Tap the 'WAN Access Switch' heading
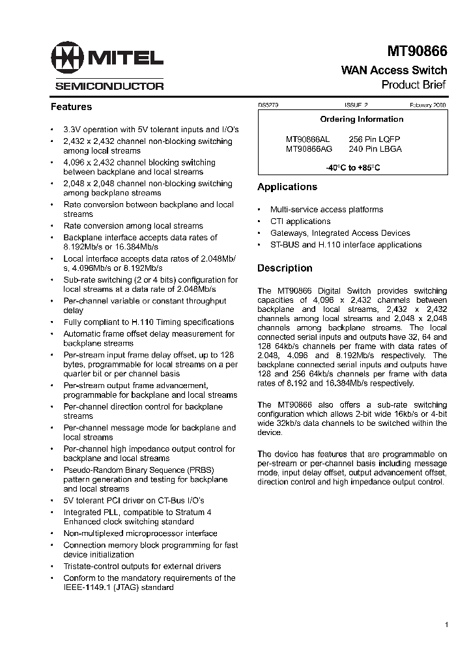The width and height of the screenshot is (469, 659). coord(394,70)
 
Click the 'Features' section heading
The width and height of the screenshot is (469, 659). coord(72,107)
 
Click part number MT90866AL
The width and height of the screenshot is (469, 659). coord(308,139)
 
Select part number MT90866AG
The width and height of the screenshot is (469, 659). coord(309,148)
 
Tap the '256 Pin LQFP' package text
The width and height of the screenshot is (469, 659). coord(375,139)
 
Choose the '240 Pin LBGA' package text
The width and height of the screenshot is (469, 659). coord(375,148)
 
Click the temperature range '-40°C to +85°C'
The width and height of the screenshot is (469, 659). coord(352,168)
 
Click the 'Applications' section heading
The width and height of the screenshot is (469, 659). coord(287,187)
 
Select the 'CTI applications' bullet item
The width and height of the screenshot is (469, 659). coord(300,221)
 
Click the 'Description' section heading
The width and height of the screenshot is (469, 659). coord(285,268)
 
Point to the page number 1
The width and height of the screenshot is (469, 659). coord(447,625)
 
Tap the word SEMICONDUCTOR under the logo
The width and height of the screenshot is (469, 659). coord(109,86)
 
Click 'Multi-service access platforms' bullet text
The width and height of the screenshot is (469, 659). coord(326,210)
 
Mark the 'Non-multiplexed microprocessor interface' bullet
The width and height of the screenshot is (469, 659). coord(140,533)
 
